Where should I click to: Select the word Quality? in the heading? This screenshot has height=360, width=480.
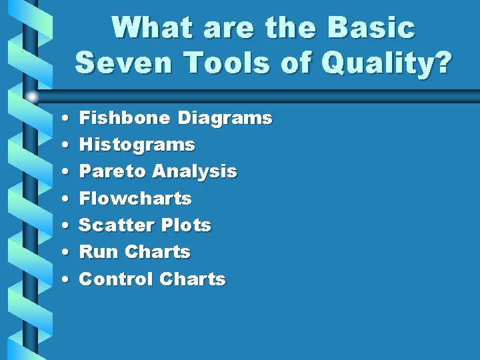coord(387,64)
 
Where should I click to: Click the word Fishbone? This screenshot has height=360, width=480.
coord(124,118)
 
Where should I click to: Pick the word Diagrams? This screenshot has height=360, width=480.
coord(225,119)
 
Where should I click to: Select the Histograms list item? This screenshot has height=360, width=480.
coord(137,145)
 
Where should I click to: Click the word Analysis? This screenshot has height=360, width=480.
coord(194,171)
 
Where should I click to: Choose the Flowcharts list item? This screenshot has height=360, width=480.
coord(135,199)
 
